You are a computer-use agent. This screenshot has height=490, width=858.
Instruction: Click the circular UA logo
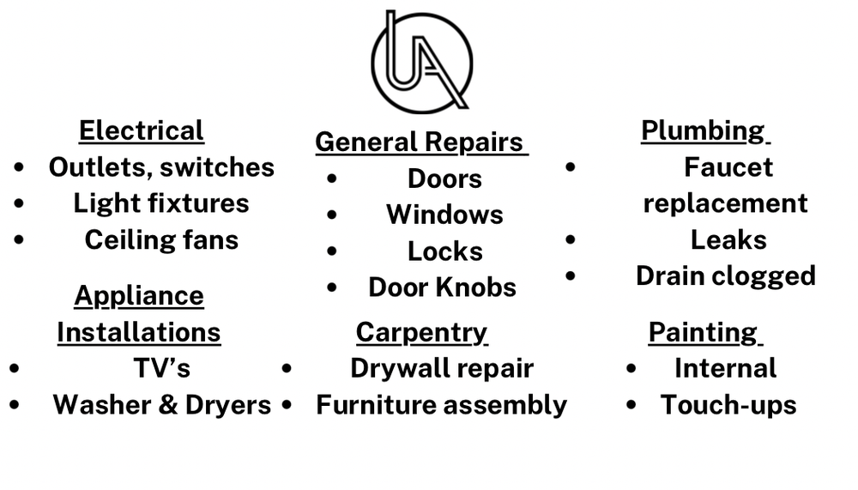click(421, 61)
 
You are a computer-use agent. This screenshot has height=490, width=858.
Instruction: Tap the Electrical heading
click(142, 130)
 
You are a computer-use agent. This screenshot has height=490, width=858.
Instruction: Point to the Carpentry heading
click(421, 333)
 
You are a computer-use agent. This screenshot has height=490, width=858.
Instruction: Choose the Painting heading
click(704, 333)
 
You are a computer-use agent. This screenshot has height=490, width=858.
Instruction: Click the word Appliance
click(139, 297)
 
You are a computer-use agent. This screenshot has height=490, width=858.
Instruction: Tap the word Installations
click(139, 332)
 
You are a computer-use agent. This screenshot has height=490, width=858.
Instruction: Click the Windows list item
click(444, 215)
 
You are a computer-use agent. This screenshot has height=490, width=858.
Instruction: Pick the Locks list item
click(444, 251)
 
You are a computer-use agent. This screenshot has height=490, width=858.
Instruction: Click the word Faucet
click(728, 167)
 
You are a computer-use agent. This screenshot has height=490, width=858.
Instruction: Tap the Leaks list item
click(728, 239)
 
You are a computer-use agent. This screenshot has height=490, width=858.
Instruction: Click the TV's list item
click(162, 368)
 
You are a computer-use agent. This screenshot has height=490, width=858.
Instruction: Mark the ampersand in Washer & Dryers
click(168, 405)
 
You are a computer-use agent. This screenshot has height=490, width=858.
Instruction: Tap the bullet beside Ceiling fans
click(19, 239)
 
